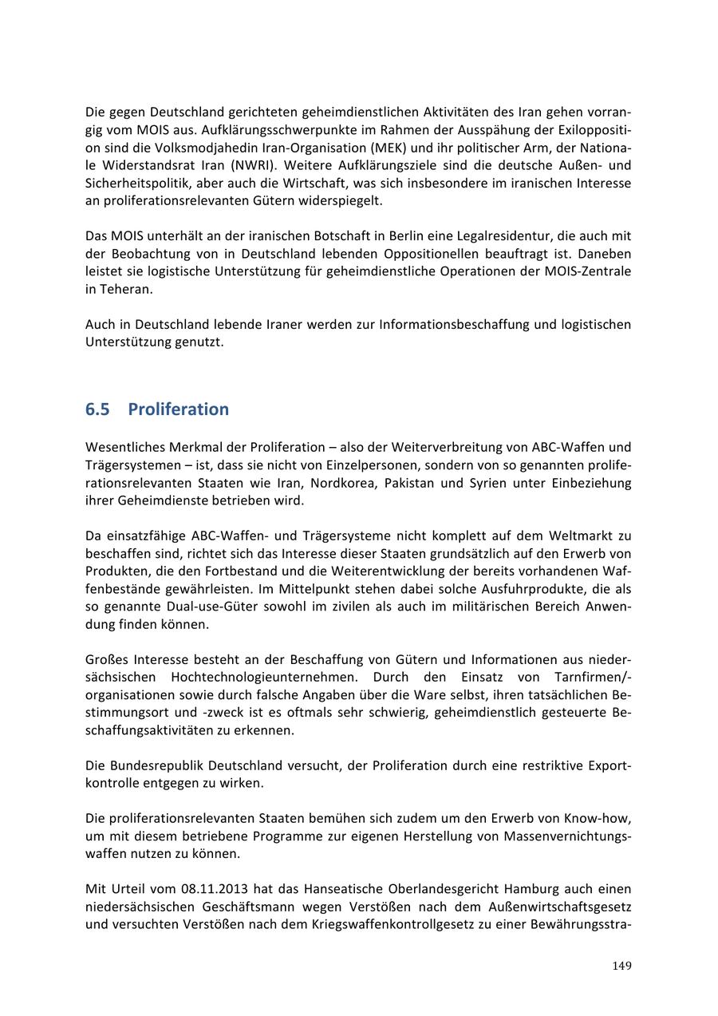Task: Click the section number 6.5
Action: click(x=97, y=409)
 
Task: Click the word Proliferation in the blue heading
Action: click(x=178, y=409)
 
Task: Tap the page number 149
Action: click(x=621, y=966)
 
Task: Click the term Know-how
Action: click(x=598, y=818)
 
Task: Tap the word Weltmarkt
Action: click(x=584, y=536)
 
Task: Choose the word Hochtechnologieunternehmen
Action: click(x=255, y=678)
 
